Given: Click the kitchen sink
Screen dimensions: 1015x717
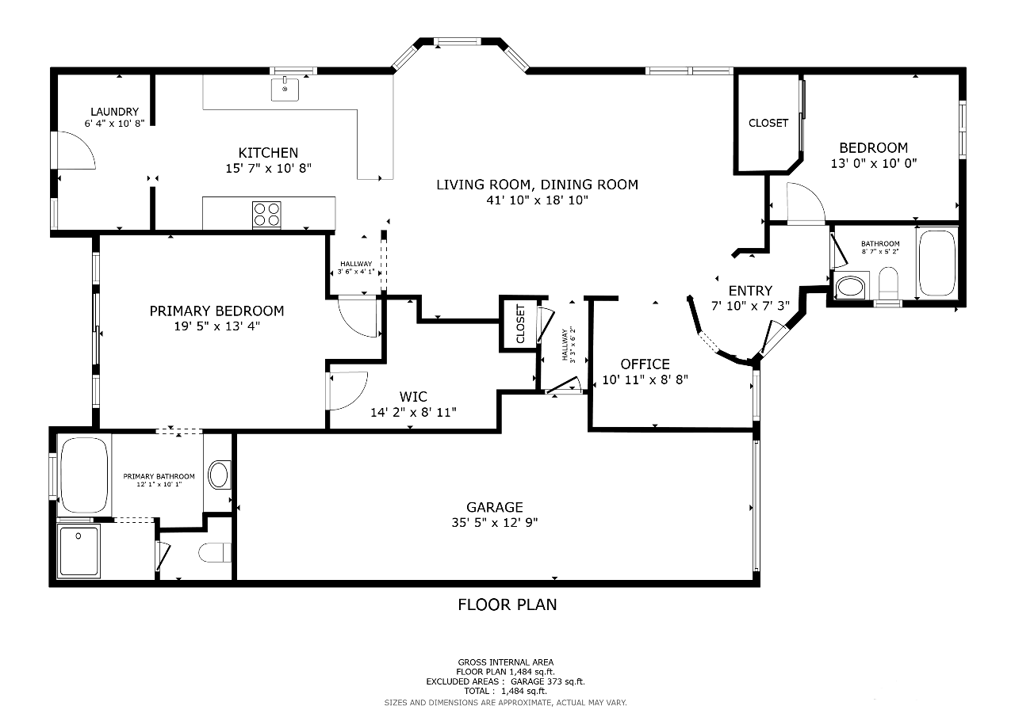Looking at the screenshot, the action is [x=285, y=90].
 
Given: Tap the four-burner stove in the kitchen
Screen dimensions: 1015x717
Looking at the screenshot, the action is [x=266, y=215].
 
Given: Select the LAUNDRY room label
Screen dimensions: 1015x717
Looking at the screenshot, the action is [x=115, y=112].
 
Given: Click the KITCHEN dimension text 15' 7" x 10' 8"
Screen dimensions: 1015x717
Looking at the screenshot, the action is [x=269, y=169].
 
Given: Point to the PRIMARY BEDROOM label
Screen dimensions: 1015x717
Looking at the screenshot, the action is [x=216, y=311].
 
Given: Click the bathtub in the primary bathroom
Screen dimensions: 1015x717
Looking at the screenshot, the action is [x=84, y=475].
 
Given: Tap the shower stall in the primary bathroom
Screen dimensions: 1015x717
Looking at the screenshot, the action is [x=79, y=551].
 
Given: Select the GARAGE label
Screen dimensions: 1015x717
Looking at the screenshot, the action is [x=495, y=507].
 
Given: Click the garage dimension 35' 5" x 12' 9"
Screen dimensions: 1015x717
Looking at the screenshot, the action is [x=495, y=523].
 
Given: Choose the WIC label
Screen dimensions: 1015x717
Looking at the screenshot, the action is [x=413, y=397].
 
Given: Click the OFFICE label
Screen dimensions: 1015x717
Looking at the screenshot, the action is [x=645, y=364].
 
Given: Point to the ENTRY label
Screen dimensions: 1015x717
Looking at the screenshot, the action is [x=750, y=291].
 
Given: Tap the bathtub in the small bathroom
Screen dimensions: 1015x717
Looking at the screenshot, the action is [x=936, y=263].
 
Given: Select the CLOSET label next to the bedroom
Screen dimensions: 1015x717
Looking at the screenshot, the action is [x=768, y=123].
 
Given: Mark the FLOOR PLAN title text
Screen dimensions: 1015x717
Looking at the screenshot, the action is [x=507, y=604].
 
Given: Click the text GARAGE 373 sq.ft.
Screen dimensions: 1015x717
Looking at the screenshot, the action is [x=548, y=681].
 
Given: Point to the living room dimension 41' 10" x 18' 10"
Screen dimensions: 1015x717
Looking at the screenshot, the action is [x=538, y=200].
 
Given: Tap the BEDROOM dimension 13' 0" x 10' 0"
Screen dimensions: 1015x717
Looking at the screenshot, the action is [x=874, y=163].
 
